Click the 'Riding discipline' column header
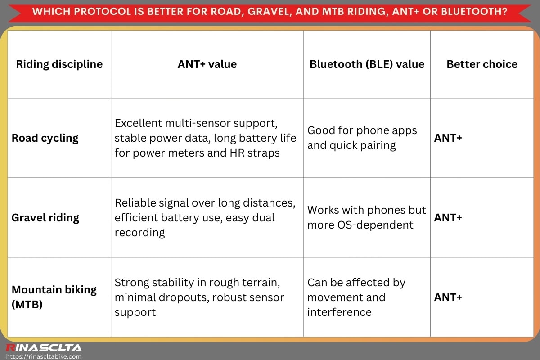[59, 64]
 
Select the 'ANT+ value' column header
[207, 64]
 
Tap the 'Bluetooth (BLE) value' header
[367, 64]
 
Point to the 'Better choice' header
[482, 64]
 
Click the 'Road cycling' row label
[45, 138]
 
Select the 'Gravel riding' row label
[45, 218]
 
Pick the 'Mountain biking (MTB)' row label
[54, 297]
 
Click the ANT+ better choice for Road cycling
[448, 138]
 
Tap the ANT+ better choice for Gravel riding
[448, 218]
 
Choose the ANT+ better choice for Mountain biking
[448, 297]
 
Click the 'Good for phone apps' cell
[362, 138]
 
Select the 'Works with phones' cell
[366, 217]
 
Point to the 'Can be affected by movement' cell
[356, 297]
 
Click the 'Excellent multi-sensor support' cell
[206, 138]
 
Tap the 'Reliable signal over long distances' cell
[205, 217]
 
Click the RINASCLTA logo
[44, 347]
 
